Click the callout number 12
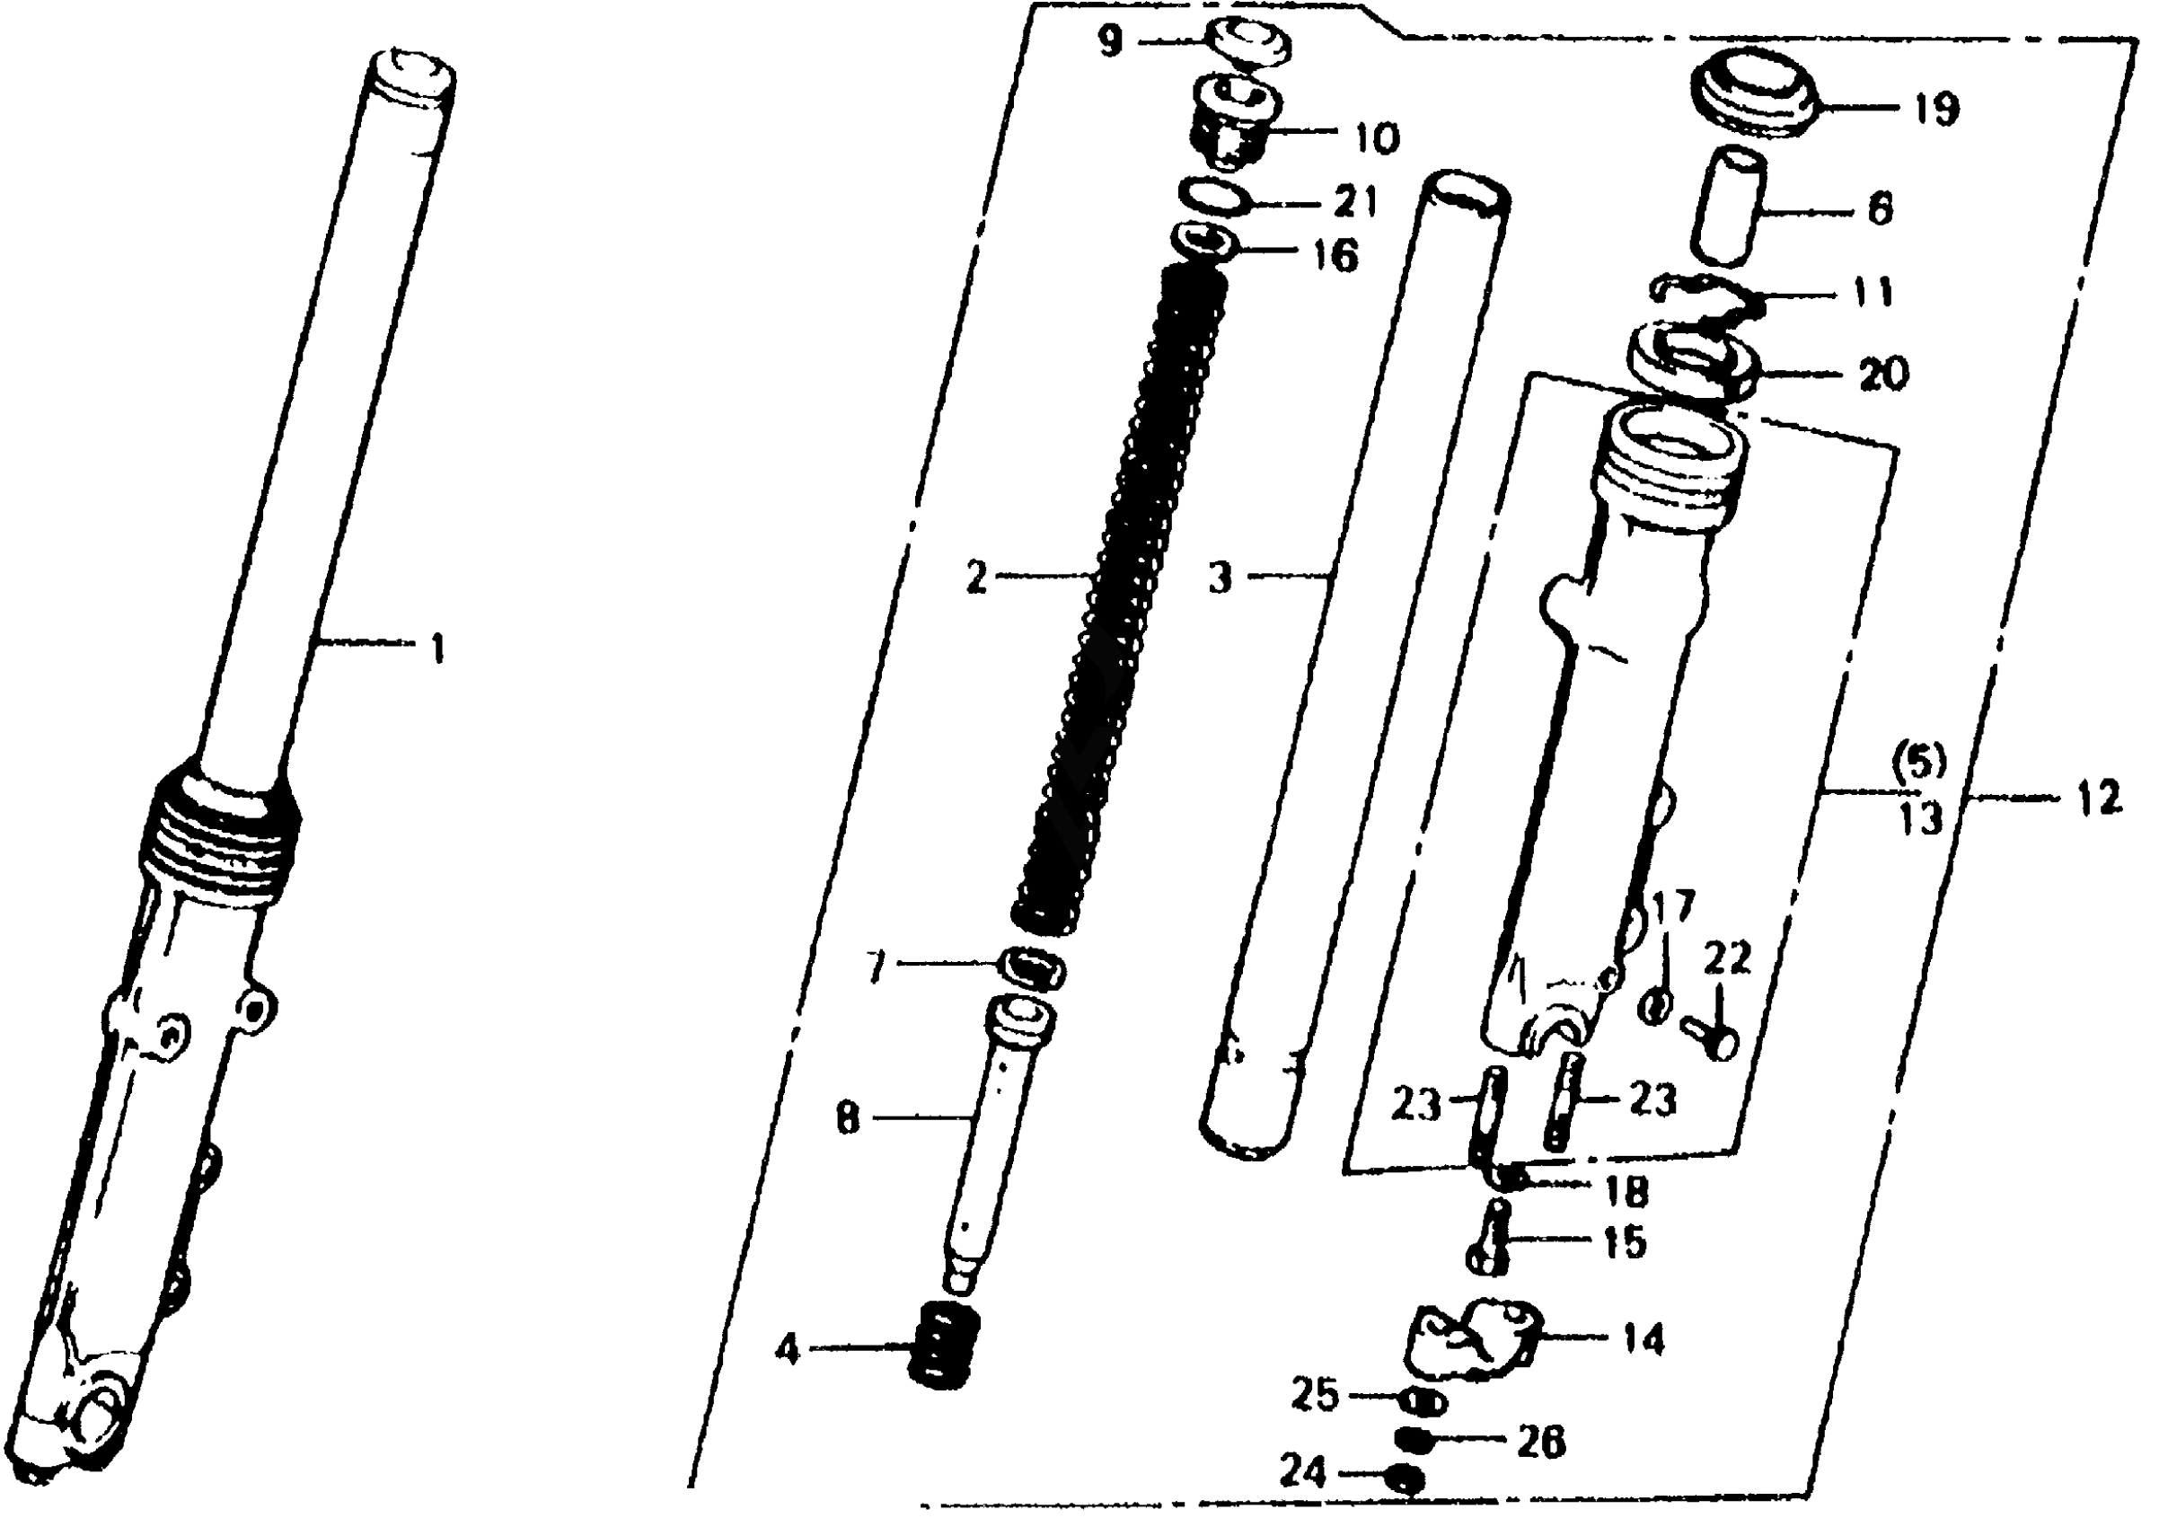tap(2100, 799)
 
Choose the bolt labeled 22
tap(1711, 1038)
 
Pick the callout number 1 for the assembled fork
tap(436, 649)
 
